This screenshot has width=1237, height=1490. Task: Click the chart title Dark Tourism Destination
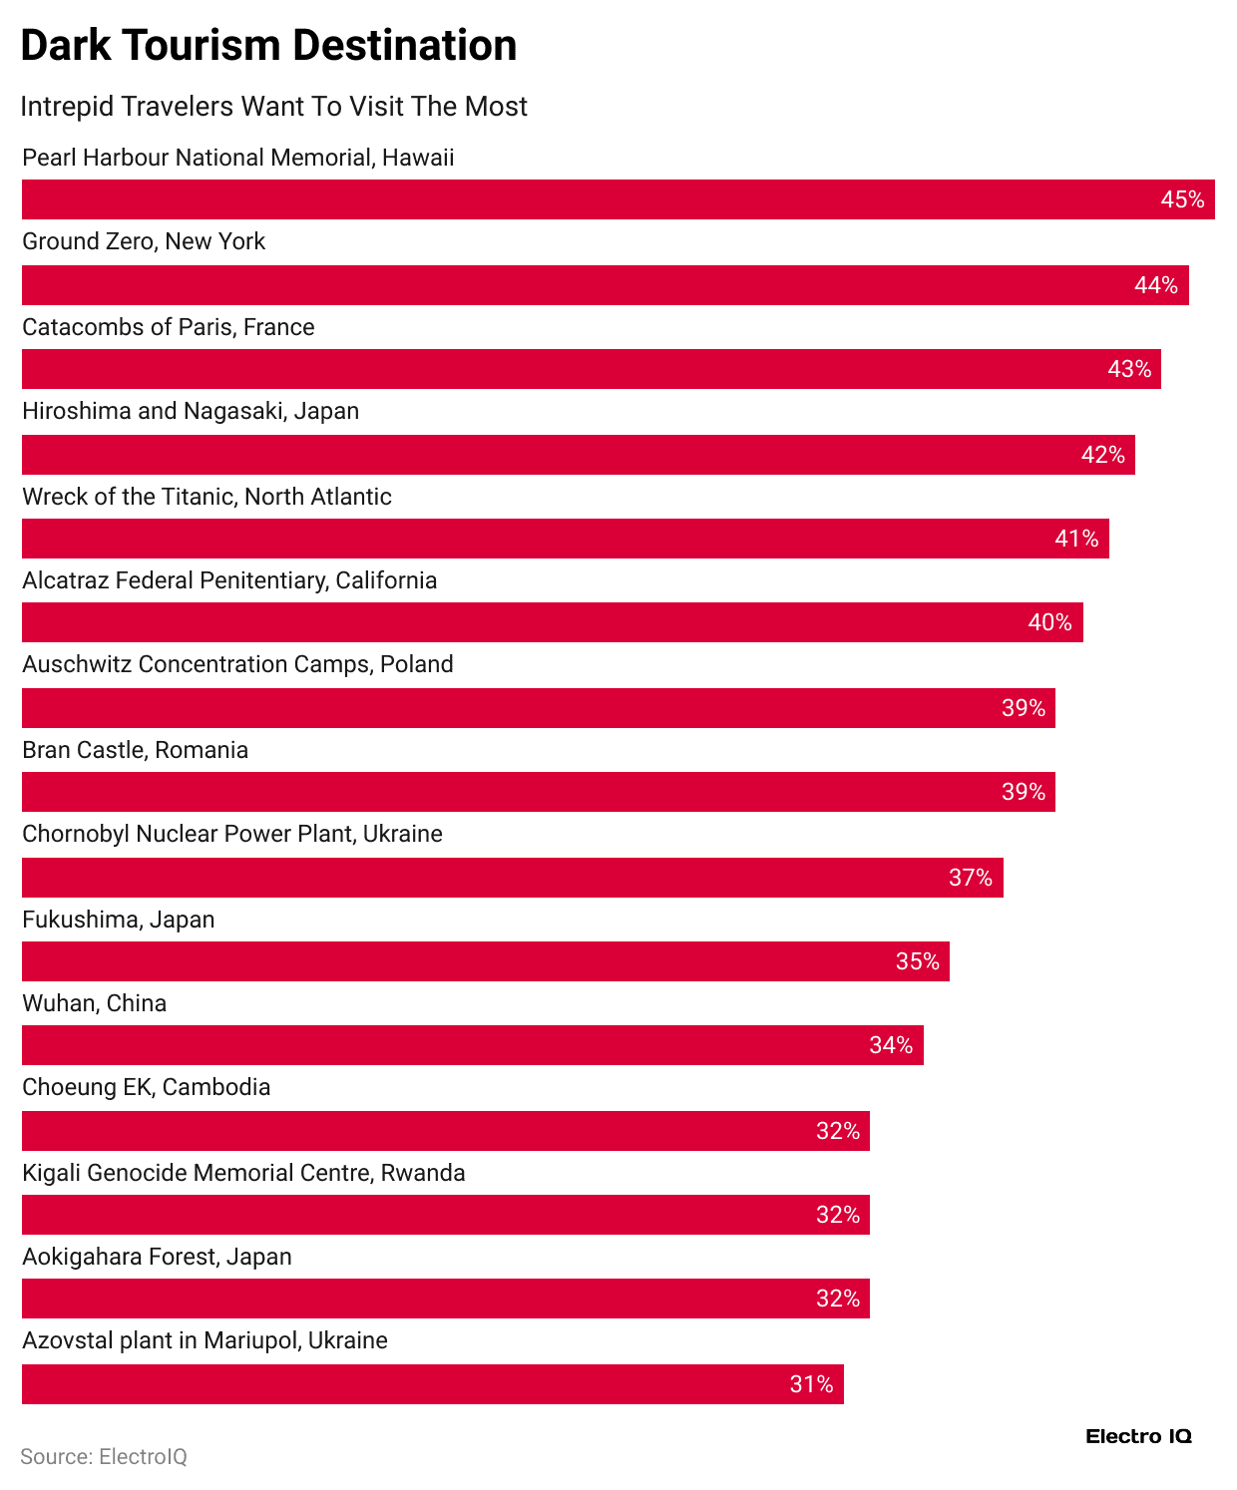(x=268, y=46)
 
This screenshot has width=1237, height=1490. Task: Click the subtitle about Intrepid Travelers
(x=273, y=107)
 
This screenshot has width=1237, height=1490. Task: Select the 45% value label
(x=1182, y=199)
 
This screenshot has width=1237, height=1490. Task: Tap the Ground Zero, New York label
(x=144, y=241)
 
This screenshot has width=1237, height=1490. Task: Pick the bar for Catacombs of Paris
(x=591, y=369)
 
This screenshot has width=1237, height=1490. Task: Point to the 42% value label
(x=1102, y=455)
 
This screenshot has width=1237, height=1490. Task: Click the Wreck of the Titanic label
(x=206, y=497)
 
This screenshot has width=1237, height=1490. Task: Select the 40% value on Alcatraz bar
(x=1049, y=622)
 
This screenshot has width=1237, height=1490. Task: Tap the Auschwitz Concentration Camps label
(x=237, y=664)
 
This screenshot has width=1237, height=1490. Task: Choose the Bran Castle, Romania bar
(x=538, y=792)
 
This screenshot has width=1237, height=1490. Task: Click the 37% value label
(x=970, y=878)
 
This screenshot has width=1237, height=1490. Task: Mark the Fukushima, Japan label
(x=118, y=920)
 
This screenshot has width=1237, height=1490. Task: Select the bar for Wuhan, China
(x=472, y=1045)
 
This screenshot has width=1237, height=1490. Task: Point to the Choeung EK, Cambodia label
(x=146, y=1087)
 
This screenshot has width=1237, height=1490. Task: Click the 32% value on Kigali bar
(x=837, y=1215)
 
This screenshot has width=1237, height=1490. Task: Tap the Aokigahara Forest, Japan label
(x=157, y=1257)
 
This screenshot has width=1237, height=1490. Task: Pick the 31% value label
(x=811, y=1384)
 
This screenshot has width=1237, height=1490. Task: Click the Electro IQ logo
(x=1138, y=1436)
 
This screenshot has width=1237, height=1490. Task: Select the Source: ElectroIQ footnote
(x=104, y=1457)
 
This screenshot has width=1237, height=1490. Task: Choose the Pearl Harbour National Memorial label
(x=237, y=158)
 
